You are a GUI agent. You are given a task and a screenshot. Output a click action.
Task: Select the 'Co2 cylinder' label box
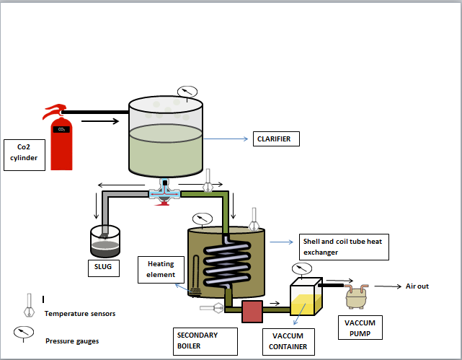[x=25, y=154]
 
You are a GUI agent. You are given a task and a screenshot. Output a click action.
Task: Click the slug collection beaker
[x=105, y=242]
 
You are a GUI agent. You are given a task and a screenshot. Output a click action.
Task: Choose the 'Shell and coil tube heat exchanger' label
[x=344, y=246]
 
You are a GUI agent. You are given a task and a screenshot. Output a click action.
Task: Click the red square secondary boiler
[x=252, y=311]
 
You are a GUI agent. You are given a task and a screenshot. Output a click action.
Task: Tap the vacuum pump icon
[x=357, y=294]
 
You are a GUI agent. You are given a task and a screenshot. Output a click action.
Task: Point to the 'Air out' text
[x=417, y=286]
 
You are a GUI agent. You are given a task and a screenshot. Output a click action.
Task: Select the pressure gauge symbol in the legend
[x=24, y=333]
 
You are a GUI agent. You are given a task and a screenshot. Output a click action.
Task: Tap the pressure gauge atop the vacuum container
[x=303, y=269]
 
